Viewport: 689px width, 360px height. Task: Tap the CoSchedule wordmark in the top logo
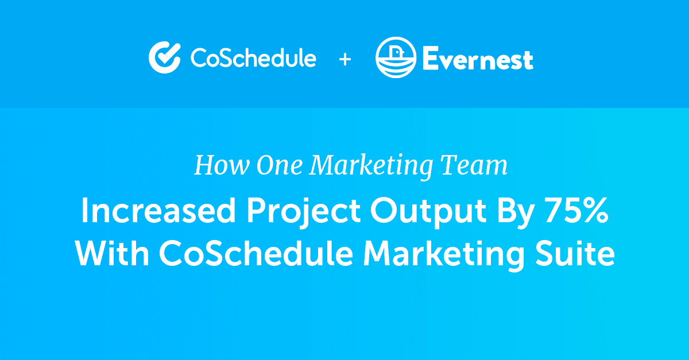point(253,58)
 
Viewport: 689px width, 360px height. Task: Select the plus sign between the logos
point(344,59)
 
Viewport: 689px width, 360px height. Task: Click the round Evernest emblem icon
point(396,57)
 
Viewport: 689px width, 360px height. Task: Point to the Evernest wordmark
point(478,59)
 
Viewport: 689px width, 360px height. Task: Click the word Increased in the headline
point(157,212)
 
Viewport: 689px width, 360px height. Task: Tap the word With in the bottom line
point(112,253)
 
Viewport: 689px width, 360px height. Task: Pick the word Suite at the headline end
point(578,253)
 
